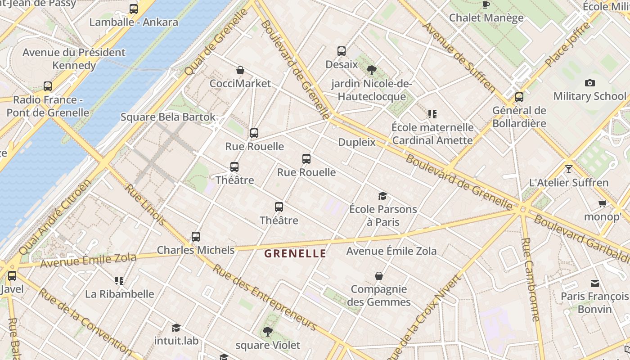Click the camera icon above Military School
(x=589, y=83)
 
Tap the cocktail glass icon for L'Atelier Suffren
(x=569, y=169)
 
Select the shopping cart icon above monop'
(x=602, y=203)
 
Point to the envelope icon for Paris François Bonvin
(x=594, y=283)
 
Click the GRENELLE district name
(x=295, y=253)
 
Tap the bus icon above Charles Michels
(x=195, y=236)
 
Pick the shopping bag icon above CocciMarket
(x=240, y=70)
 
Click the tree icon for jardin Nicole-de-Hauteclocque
(x=371, y=70)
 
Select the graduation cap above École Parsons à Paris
(x=382, y=196)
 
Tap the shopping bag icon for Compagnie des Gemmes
(x=379, y=275)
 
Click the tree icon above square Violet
(x=267, y=332)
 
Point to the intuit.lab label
(x=176, y=341)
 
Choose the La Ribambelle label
(x=120, y=294)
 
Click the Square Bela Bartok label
(x=168, y=117)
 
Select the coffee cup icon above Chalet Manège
(x=486, y=4)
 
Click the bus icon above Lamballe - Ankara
(x=133, y=9)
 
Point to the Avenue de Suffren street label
(x=459, y=57)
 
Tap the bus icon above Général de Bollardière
(x=519, y=97)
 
